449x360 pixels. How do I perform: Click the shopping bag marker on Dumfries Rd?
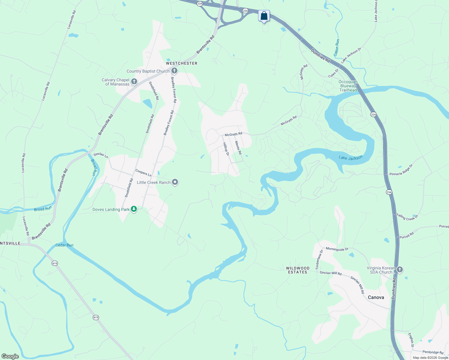pyautogui.click(x=264, y=16)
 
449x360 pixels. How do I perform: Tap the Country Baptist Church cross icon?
pyautogui.click(x=174, y=71)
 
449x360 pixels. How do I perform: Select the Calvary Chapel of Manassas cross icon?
pyautogui.click(x=134, y=82)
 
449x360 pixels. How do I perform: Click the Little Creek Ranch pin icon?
pyautogui.click(x=175, y=182)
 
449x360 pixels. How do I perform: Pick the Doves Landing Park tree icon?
pyautogui.click(x=134, y=209)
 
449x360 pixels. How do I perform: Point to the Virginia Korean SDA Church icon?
pyautogui.click(x=399, y=270)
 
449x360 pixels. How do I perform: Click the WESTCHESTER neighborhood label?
pyautogui.click(x=182, y=63)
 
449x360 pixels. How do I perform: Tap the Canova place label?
pyautogui.click(x=376, y=297)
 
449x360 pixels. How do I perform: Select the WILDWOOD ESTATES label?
pyautogui.click(x=297, y=270)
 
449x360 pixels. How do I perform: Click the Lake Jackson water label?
pyautogui.click(x=351, y=157)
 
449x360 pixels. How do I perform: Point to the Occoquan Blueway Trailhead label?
pyautogui.click(x=348, y=86)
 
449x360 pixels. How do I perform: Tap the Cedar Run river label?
pyautogui.click(x=65, y=245)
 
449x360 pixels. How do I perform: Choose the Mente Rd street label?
pyautogui.click(x=238, y=148)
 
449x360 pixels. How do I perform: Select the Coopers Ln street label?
pyautogui.click(x=143, y=172)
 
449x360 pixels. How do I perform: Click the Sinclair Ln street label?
pyautogui.click(x=101, y=155)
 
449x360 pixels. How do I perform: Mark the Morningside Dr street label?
pyautogui.click(x=337, y=249)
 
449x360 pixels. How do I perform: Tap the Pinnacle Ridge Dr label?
pyautogui.click(x=401, y=170)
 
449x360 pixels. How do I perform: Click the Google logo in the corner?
pyautogui.click(x=10, y=356)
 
